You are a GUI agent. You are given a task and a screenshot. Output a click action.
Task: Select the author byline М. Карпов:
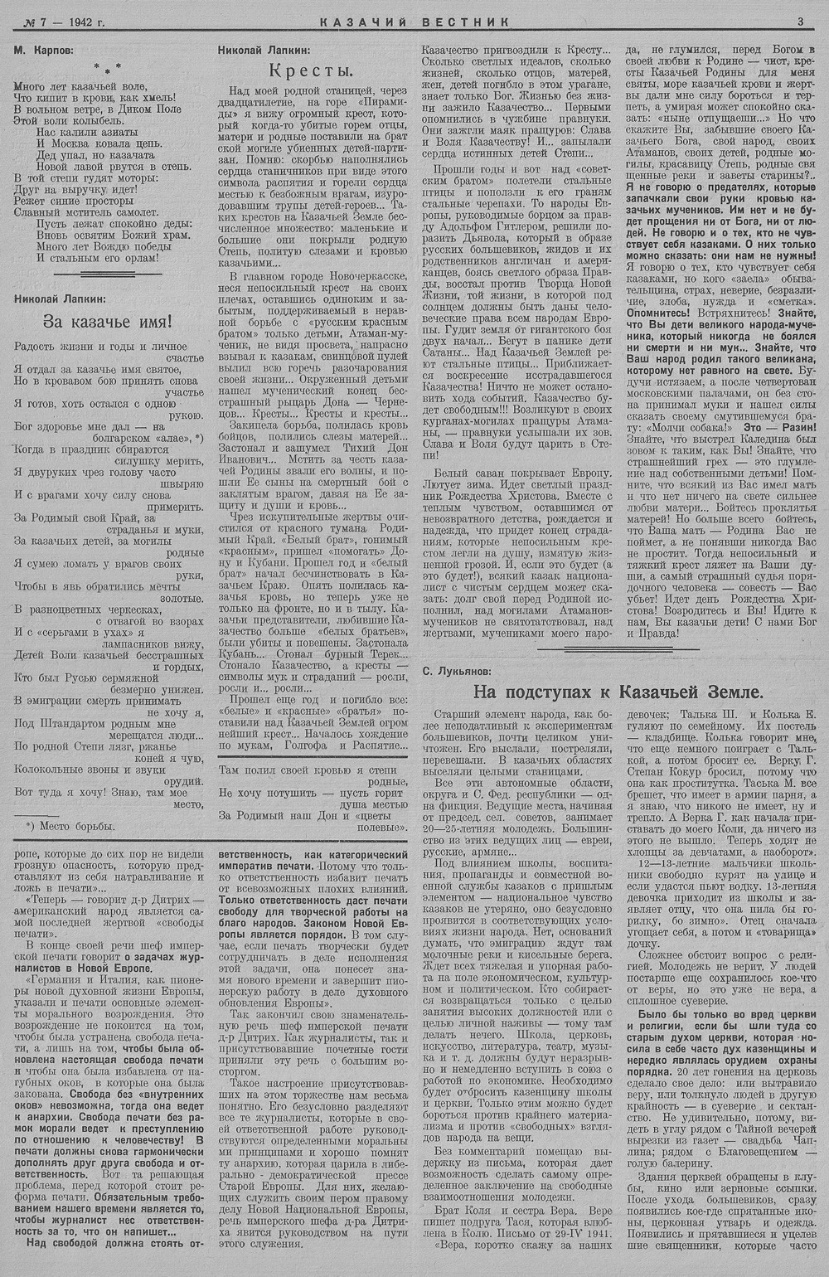(43, 50)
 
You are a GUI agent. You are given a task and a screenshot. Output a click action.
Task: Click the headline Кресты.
(313, 71)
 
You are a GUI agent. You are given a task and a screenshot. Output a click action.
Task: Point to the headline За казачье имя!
(108, 321)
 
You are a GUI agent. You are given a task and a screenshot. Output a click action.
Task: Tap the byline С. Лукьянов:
(456, 670)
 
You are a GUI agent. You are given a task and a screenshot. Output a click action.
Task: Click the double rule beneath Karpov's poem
(108, 273)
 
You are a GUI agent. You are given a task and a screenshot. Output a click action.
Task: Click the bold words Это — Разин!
(783, 427)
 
